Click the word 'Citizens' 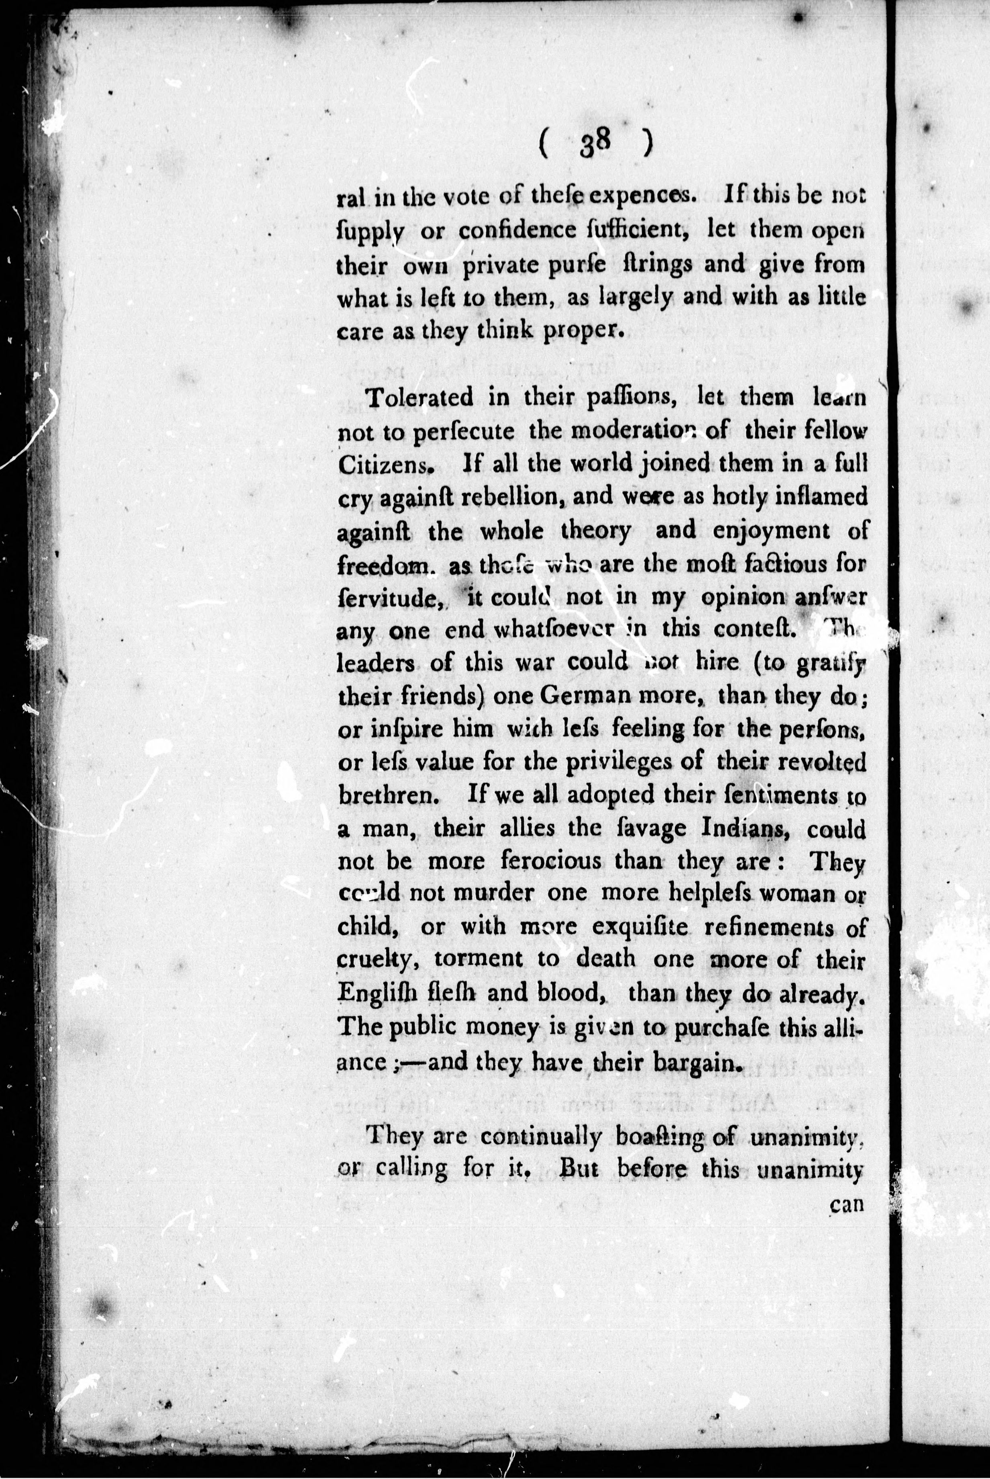tap(386, 464)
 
